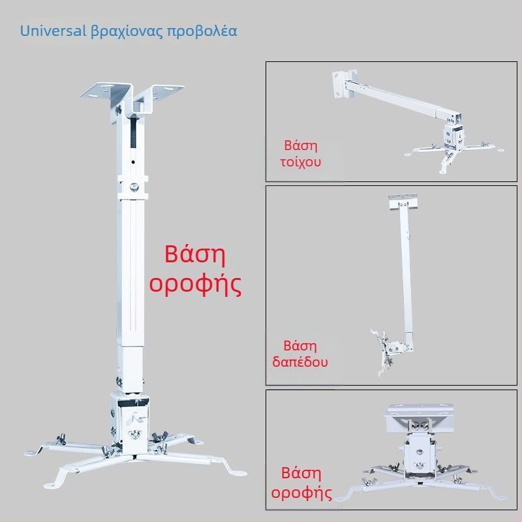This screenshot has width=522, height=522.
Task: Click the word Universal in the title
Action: click(x=53, y=31)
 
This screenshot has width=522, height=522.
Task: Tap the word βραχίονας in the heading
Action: click(x=127, y=31)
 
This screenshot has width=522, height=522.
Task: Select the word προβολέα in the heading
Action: click(x=202, y=31)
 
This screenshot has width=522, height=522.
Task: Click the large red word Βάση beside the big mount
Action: click(x=195, y=254)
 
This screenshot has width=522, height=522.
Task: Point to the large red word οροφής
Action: click(x=195, y=284)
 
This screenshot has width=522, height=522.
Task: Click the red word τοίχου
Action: click(x=301, y=162)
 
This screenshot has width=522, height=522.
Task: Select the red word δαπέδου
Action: click(x=300, y=362)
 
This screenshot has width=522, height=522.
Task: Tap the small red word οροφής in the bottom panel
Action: click(x=301, y=493)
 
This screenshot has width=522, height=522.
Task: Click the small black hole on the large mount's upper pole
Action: click(x=133, y=162)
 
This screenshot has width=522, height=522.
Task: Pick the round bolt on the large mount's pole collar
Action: click(x=134, y=187)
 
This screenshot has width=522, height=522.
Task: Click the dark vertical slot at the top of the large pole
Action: click(x=133, y=132)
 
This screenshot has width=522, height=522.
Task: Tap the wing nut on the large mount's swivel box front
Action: click(x=134, y=434)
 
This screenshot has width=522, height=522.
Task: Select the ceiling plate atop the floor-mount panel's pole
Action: click(x=403, y=202)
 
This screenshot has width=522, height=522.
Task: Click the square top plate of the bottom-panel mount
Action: click(x=420, y=417)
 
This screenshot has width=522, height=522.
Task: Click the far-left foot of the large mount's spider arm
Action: click(x=32, y=453)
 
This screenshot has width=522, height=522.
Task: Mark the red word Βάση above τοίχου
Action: click(x=301, y=146)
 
